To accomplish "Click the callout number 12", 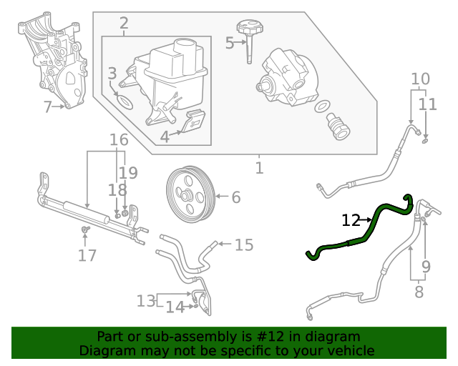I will (x=351, y=221).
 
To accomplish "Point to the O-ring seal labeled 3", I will (x=125, y=101).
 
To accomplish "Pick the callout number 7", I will (x=48, y=108).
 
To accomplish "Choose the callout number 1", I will (x=259, y=168).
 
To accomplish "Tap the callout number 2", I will (x=123, y=24).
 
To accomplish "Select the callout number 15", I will (x=244, y=245).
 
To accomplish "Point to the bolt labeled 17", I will (x=85, y=229).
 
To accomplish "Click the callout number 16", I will (x=119, y=140).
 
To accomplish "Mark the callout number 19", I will (x=128, y=172).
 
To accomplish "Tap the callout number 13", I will (x=146, y=301).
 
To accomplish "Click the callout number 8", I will (x=419, y=292).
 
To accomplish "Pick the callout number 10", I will (x=420, y=79).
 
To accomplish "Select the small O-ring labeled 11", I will (x=426, y=139).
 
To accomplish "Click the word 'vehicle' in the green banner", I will (x=349, y=351).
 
